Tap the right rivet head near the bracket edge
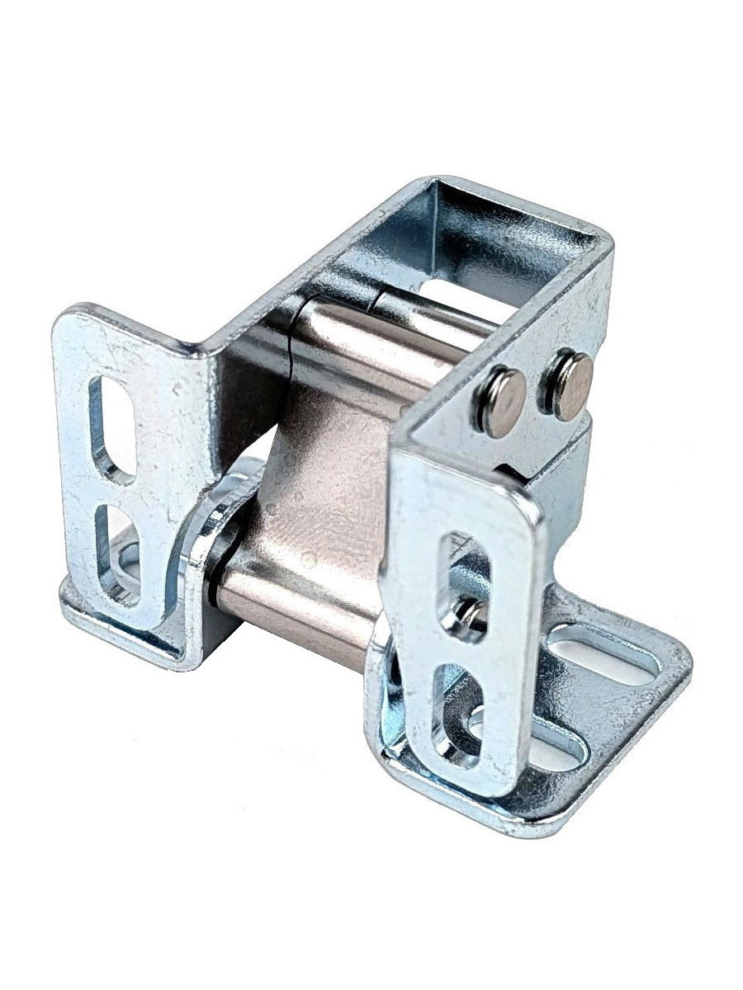570,384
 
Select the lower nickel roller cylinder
297,602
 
